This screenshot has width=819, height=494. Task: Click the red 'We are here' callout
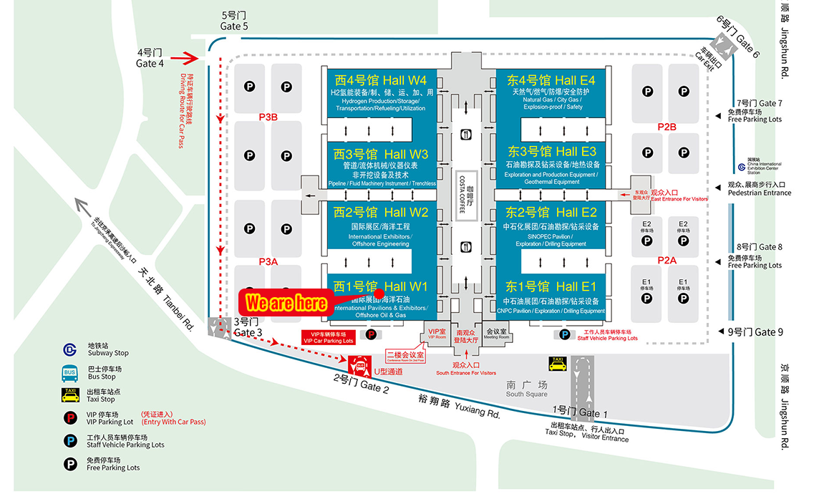tap(286, 303)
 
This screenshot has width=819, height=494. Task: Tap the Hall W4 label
tap(380, 79)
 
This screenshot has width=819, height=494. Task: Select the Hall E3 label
tap(552, 151)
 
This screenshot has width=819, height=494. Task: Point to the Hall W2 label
tap(381, 212)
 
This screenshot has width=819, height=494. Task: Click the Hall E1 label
tap(551, 286)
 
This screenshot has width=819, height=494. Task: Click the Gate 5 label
tap(234, 21)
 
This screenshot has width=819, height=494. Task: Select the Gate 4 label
tap(150, 58)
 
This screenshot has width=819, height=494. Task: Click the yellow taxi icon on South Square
tap(558, 364)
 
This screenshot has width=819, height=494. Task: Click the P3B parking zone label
tap(268, 117)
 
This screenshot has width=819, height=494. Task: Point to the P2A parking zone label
tap(667, 261)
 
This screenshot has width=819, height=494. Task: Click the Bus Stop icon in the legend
tap(70, 372)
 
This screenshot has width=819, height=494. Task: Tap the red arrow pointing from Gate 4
tap(190, 58)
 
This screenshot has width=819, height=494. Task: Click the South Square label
tap(526, 389)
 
